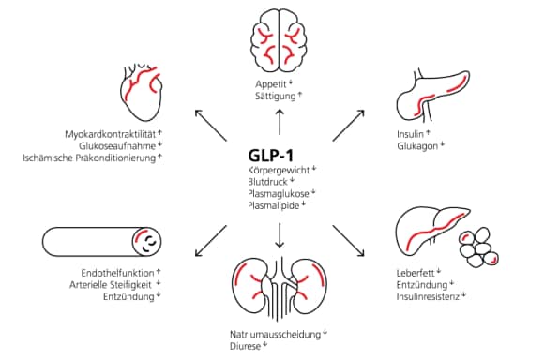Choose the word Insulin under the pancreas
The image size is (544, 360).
(411, 133)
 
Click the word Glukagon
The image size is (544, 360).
(416, 145)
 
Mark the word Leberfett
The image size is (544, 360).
(416, 273)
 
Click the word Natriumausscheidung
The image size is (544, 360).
(273, 332)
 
